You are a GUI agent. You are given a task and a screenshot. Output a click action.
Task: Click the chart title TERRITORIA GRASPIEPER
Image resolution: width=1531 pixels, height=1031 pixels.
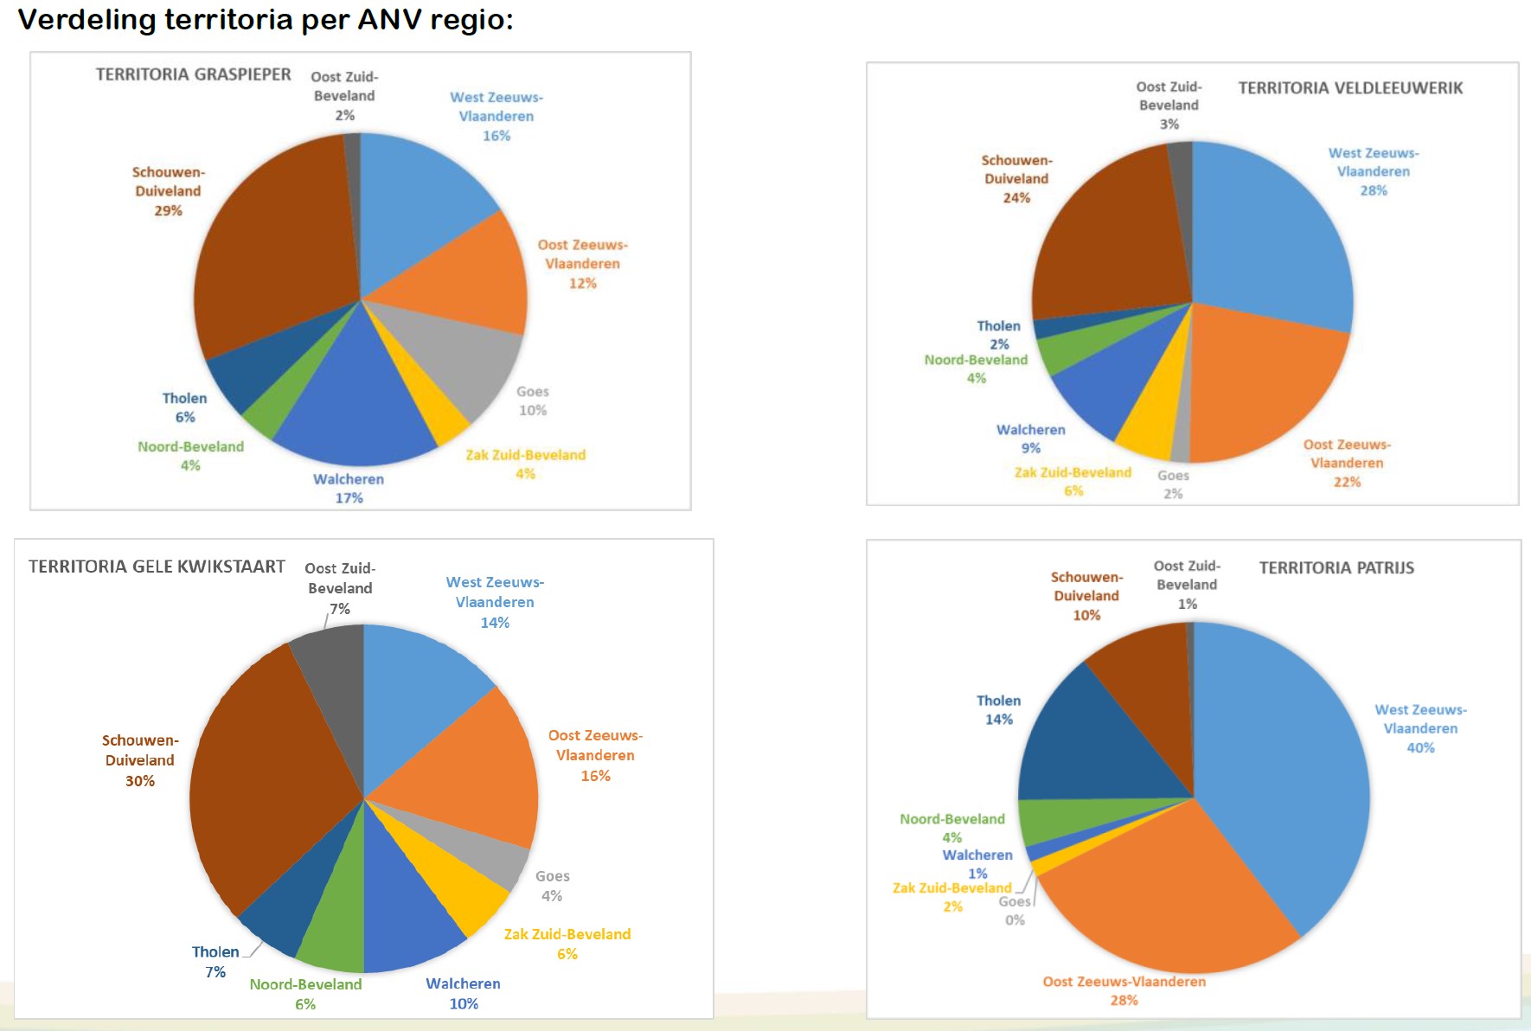pyautogui.click(x=193, y=74)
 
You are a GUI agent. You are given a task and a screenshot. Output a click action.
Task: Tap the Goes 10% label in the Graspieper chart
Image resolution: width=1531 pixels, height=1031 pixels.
pyautogui.click(x=533, y=401)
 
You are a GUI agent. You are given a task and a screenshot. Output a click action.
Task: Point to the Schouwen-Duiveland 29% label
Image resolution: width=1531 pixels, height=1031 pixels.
pyautogui.click(x=168, y=191)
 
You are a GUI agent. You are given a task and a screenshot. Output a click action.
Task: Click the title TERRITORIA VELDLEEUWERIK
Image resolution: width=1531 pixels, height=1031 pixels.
pyautogui.click(x=1350, y=88)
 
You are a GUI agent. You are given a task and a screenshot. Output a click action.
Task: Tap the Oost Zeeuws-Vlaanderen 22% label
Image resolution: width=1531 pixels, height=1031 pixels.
pyautogui.click(x=1347, y=463)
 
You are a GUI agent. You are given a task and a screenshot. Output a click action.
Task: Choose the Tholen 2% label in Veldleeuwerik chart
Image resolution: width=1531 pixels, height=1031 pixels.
pyautogui.click(x=999, y=335)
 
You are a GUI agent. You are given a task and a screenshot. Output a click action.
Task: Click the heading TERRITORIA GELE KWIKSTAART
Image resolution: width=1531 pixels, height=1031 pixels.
pyautogui.click(x=157, y=567)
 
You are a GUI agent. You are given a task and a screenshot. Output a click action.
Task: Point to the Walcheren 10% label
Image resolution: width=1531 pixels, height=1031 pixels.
pyautogui.click(x=463, y=994)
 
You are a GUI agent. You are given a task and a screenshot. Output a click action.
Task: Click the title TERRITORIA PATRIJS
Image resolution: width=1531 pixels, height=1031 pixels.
pyautogui.click(x=1336, y=568)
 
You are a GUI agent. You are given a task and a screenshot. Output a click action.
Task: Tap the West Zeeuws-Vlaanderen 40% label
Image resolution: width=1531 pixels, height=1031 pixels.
pyautogui.click(x=1421, y=728)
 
